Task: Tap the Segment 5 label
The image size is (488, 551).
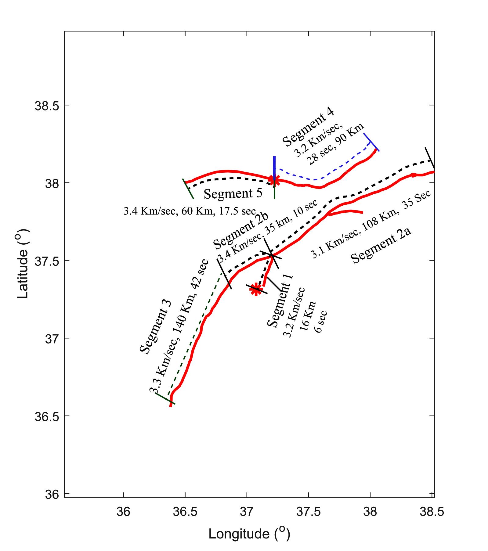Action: pos(233,193)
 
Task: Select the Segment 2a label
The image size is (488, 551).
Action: pos(381,246)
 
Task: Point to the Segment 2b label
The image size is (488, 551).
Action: pos(240,231)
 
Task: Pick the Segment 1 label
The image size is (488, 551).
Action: pos(280,301)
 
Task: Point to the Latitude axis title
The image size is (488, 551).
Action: pos(23,264)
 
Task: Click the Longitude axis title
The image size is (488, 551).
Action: pos(249,534)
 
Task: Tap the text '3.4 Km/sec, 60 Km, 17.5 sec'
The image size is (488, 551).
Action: pos(190,211)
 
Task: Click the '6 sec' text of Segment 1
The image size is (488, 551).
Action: pos(321,322)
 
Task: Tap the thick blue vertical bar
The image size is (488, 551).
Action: pos(274,168)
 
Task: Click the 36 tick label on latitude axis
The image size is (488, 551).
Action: pos(52,494)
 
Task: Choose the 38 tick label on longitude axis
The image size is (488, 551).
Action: pos(370,511)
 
